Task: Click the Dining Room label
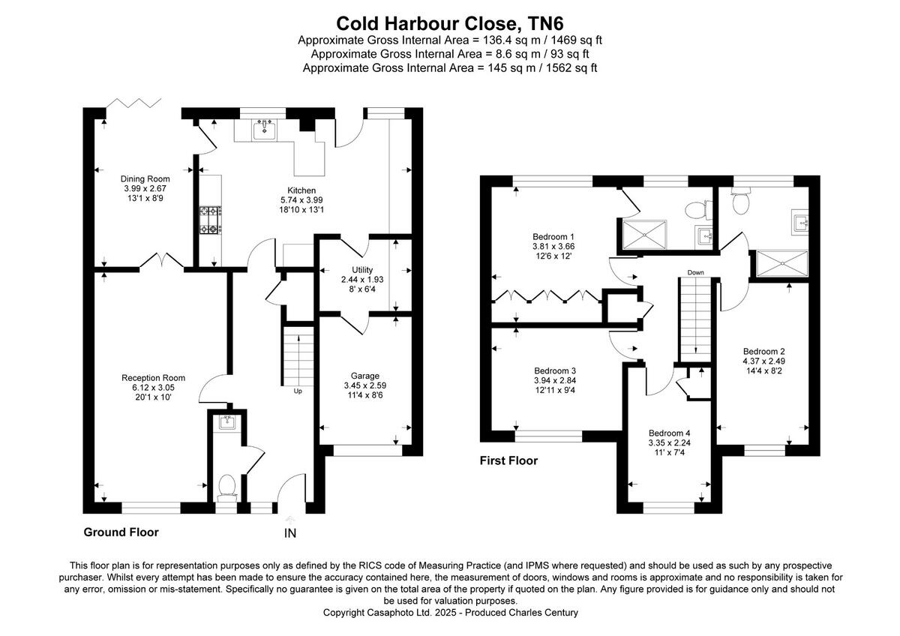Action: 145,178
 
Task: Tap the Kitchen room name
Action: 301,190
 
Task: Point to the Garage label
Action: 365,376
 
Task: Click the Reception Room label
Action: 153,378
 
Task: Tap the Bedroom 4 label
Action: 669,433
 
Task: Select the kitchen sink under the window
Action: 265,131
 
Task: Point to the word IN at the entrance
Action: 290,534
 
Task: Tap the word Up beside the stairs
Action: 298,391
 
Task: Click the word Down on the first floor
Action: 694,272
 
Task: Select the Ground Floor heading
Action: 121,532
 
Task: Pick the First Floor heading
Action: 508,460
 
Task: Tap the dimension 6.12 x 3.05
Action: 153,387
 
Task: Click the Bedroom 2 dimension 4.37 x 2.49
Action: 764,361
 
